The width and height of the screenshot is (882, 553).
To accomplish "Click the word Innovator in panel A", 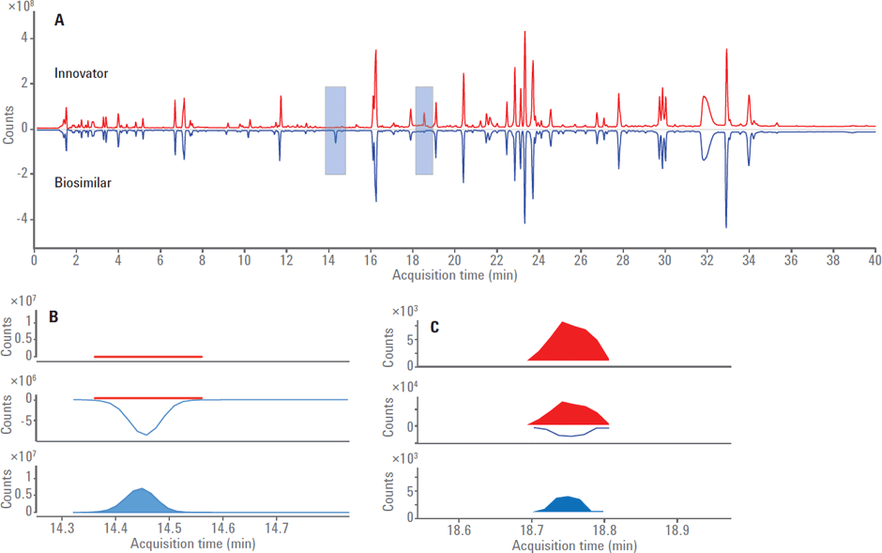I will point(83,73).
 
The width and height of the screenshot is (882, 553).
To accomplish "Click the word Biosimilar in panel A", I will point(84,183).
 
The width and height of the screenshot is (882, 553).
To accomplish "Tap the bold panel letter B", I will point(54,316).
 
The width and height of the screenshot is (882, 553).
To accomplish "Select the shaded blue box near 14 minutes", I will point(335,131).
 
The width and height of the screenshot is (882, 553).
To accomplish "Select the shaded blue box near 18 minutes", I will point(424,131).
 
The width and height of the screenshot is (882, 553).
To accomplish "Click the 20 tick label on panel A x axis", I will point(454,261).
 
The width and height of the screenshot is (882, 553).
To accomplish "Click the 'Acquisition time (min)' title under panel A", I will point(454,275).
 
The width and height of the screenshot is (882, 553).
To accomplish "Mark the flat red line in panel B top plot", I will point(148,357).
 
